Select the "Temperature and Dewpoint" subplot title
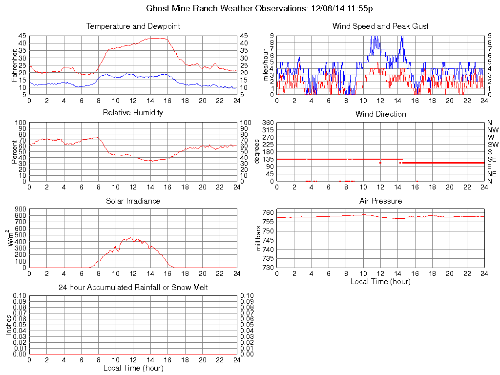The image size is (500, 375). click(133, 26)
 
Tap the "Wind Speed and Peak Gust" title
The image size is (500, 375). click(380, 26)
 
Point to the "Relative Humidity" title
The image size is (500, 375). click(133, 113)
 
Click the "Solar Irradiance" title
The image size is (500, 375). click(133, 201)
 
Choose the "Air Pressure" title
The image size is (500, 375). click(380, 201)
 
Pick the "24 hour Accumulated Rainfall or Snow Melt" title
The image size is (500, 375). click(133, 288)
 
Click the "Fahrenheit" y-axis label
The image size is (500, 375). click(15, 65)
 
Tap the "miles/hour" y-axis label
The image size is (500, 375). click(266, 65)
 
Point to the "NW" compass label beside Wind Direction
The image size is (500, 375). click(492, 130)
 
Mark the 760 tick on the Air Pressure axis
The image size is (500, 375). click(268, 212)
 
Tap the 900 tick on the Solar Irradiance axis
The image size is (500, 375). click(20, 209)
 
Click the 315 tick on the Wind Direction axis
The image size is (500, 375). click(268, 130)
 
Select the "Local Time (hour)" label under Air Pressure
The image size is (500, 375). click(380, 281)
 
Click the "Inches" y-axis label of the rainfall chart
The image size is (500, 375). click(8, 325)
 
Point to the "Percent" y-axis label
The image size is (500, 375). click(15, 151)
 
